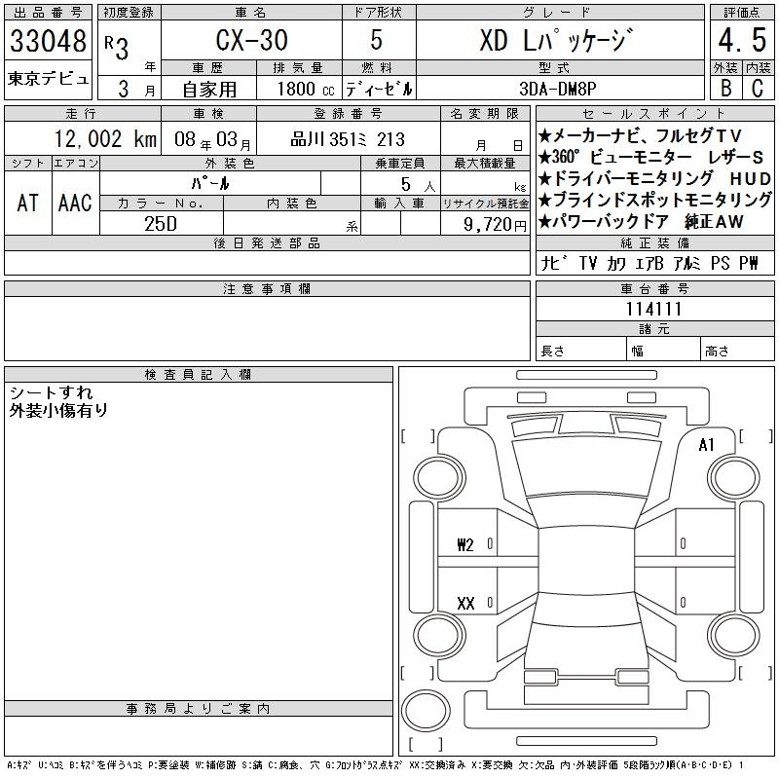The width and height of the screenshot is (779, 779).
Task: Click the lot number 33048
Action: (48, 41)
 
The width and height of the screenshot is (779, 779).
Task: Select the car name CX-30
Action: (252, 40)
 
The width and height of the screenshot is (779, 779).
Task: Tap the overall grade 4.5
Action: (742, 40)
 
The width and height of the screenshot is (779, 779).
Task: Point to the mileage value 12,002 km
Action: (105, 139)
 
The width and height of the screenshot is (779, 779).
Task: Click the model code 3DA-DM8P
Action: (557, 89)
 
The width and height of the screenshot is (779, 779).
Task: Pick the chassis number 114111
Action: (653, 309)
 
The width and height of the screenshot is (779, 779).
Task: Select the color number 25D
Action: (161, 224)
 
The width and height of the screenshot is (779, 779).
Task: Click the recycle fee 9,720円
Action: (495, 225)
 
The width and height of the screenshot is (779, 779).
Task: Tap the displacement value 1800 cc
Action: (306, 90)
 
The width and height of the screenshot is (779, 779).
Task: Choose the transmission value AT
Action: (28, 203)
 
